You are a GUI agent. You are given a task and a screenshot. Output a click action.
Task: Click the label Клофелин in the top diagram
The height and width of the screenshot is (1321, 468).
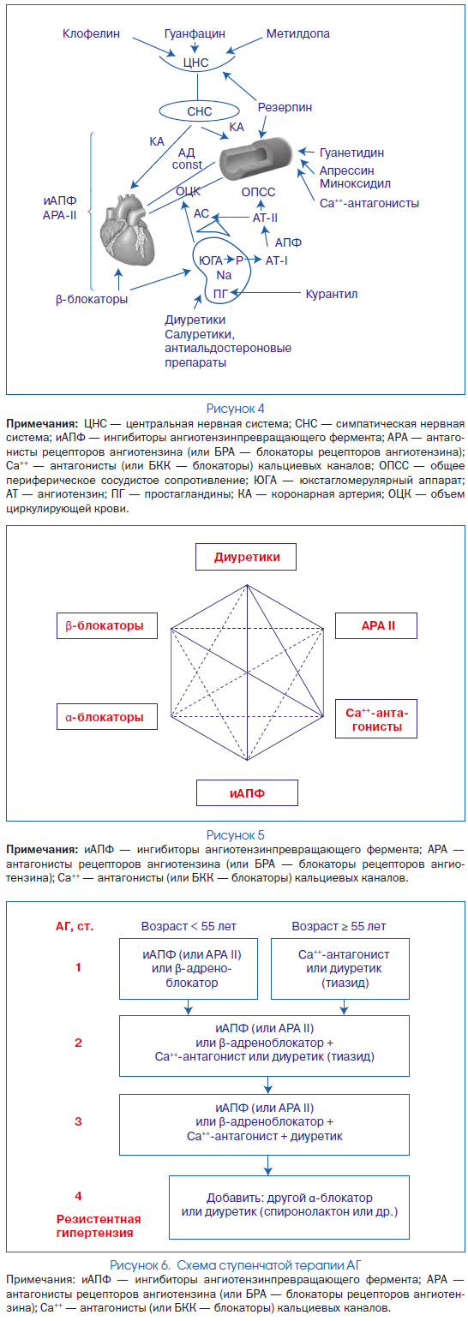(91, 33)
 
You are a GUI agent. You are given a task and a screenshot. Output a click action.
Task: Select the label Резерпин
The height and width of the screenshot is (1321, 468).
(285, 107)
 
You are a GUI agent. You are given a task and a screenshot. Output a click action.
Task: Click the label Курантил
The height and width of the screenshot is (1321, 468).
(331, 294)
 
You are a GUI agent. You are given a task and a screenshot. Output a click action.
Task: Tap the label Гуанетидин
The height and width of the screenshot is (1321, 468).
(351, 152)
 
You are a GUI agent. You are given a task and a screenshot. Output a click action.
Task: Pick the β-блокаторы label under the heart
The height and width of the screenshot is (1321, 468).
(92, 299)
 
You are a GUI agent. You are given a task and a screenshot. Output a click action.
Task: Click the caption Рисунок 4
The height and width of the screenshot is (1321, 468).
(235, 408)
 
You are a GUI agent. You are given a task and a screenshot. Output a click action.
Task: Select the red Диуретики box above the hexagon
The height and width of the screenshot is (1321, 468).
(246, 557)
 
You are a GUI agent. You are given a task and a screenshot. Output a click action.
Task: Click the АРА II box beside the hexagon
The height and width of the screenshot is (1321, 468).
(376, 625)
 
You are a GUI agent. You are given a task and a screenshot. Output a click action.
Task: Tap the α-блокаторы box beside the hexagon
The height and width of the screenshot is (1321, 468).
(107, 716)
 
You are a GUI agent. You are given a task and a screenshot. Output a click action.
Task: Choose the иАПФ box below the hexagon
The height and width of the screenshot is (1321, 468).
(247, 792)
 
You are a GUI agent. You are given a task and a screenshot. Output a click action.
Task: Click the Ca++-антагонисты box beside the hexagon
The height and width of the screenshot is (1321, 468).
(376, 719)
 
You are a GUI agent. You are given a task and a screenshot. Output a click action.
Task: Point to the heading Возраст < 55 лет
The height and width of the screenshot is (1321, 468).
(189, 926)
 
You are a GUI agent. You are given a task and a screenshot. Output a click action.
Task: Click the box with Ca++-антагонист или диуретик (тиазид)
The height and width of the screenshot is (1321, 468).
(340, 968)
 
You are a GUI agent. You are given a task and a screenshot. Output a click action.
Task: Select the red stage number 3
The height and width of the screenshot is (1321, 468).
(78, 1121)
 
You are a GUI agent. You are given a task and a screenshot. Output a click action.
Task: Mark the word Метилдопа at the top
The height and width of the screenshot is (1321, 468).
(297, 33)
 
